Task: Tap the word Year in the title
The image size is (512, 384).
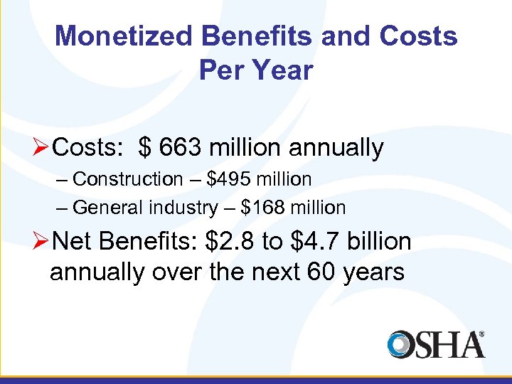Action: coord(283,70)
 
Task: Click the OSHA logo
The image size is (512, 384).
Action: coord(436,344)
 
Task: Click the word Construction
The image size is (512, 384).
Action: coord(128,179)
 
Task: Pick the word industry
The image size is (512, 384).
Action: coord(183,208)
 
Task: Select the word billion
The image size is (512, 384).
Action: coord(381,242)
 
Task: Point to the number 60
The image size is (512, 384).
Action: coord(312,272)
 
